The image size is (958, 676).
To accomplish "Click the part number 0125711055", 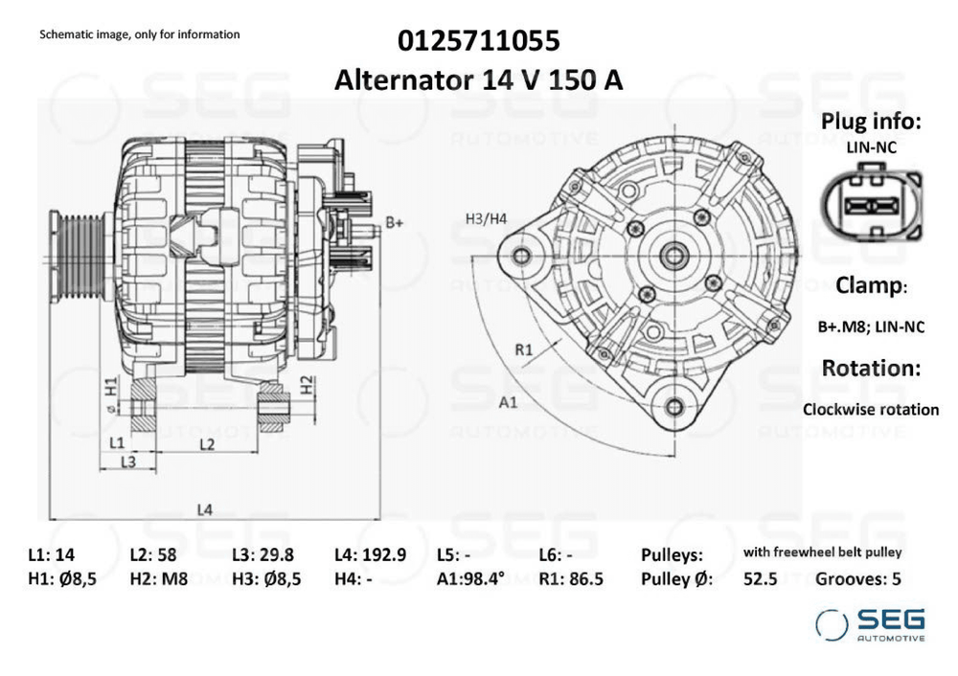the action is click(478, 41).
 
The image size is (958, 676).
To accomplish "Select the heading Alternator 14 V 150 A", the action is click(478, 80).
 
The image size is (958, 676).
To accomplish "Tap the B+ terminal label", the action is click(395, 222).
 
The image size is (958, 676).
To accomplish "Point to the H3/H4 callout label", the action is click(486, 218).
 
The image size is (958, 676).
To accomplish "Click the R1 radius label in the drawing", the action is click(524, 349).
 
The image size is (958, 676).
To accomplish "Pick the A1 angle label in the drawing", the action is click(508, 402).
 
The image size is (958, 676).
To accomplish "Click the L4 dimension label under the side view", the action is click(205, 508).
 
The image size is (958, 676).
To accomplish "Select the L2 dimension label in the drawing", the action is click(207, 444).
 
